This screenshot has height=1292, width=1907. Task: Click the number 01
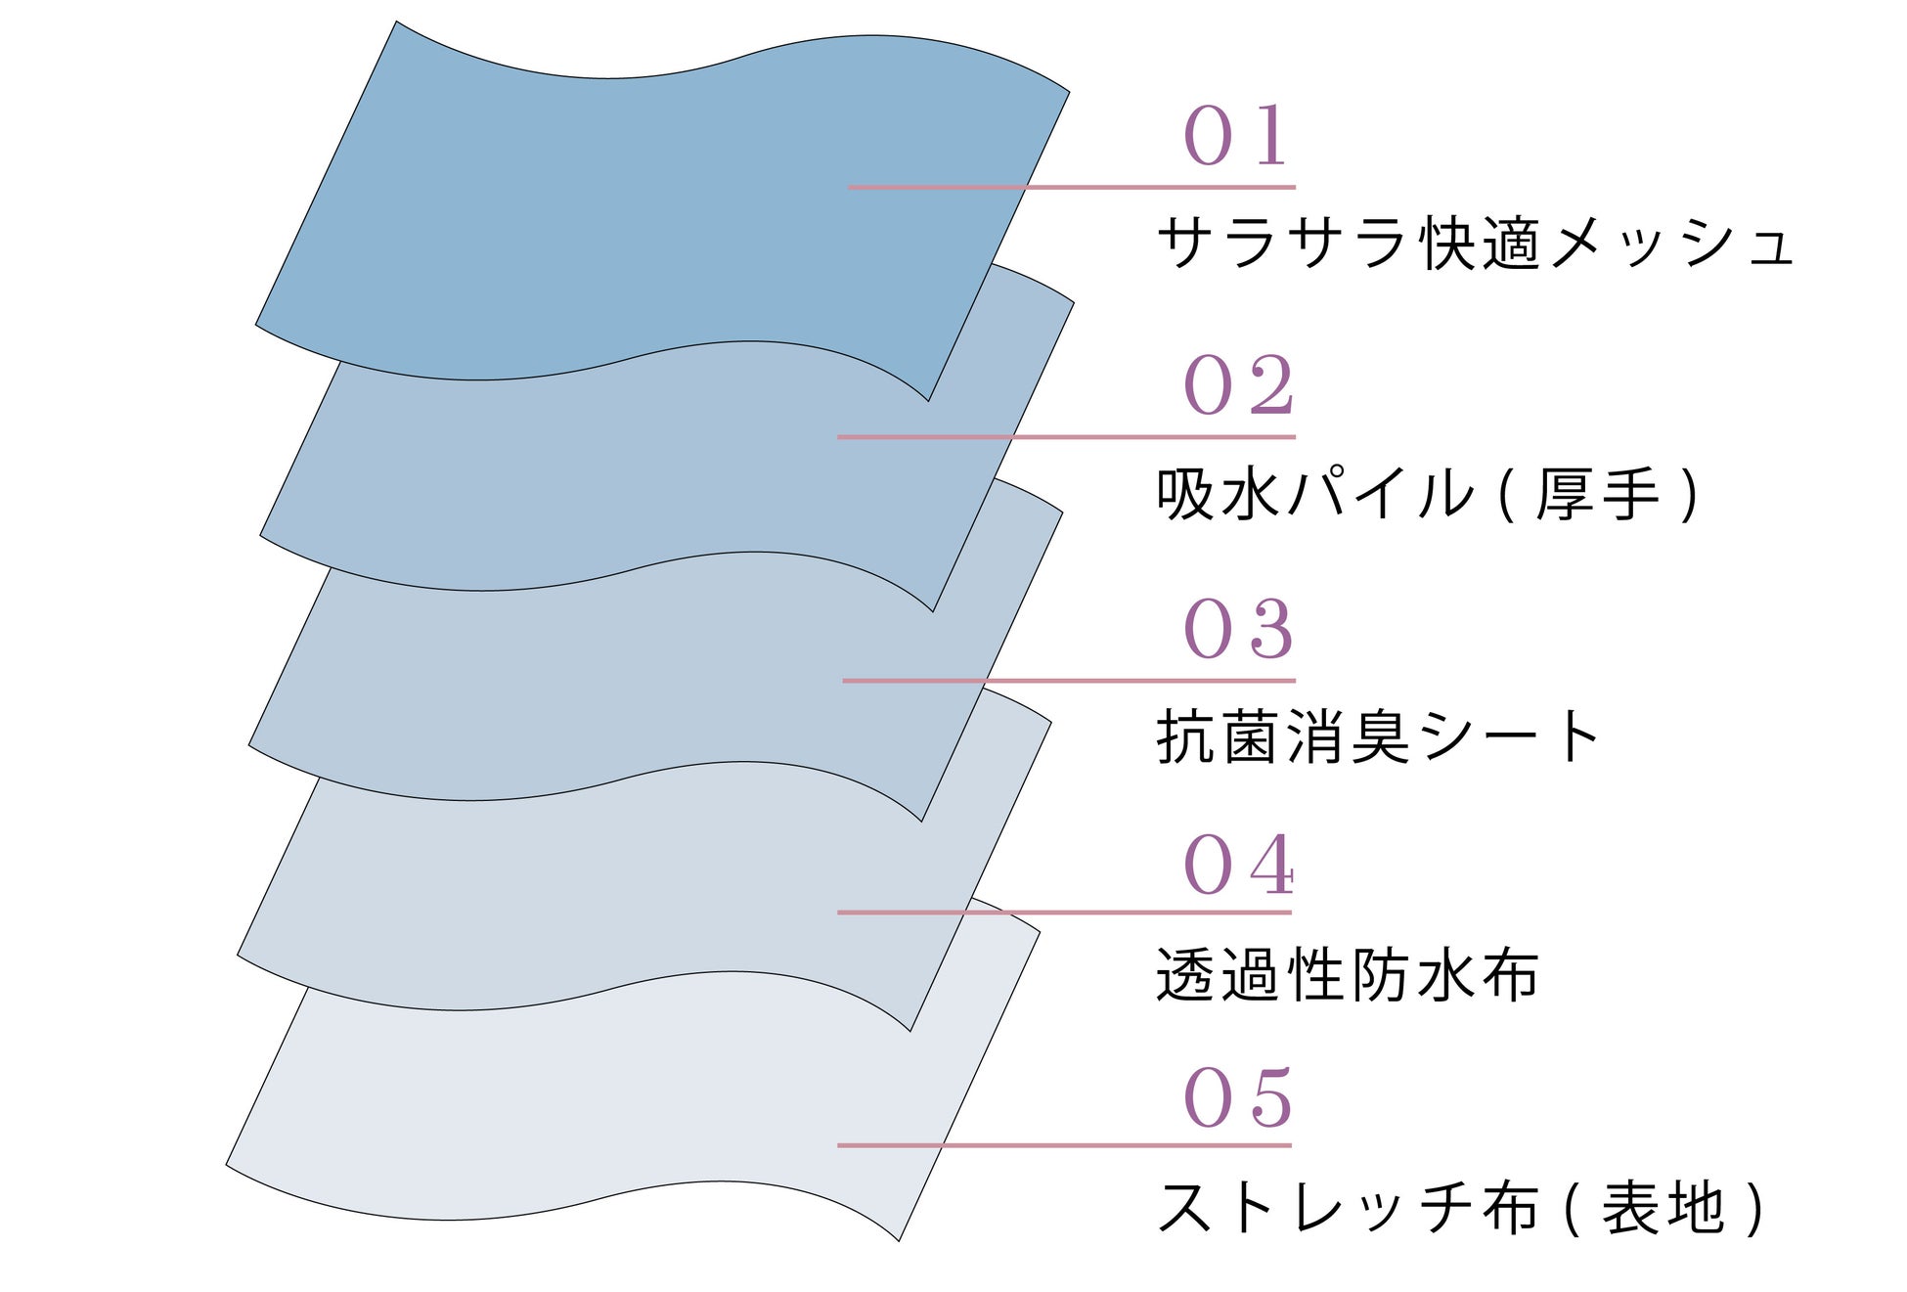pos(1236,135)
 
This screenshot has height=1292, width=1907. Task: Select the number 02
pos(1238,384)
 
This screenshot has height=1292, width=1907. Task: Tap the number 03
pos(1238,628)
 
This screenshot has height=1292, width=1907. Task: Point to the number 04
pos(1238,865)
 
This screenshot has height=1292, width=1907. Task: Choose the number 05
pos(1238,1097)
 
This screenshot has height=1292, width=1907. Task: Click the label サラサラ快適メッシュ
pos(1475,243)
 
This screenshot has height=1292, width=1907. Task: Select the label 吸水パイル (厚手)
pos(1428,494)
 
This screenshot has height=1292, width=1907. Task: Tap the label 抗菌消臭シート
pos(1377,736)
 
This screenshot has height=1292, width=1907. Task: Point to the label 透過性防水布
pos(1348,975)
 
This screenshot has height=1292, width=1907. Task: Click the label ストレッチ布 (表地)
pos(1461,1208)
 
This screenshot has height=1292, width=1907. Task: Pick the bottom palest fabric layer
pos(587,1105)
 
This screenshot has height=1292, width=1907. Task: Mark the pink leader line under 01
pos(1072,186)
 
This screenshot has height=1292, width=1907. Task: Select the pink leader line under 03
pos(1069,680)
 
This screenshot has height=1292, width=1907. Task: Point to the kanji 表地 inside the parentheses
pos(1663,1208)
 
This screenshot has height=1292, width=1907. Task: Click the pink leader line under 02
pos(1066,436)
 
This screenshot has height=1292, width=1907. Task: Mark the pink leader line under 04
pos(1064,912)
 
